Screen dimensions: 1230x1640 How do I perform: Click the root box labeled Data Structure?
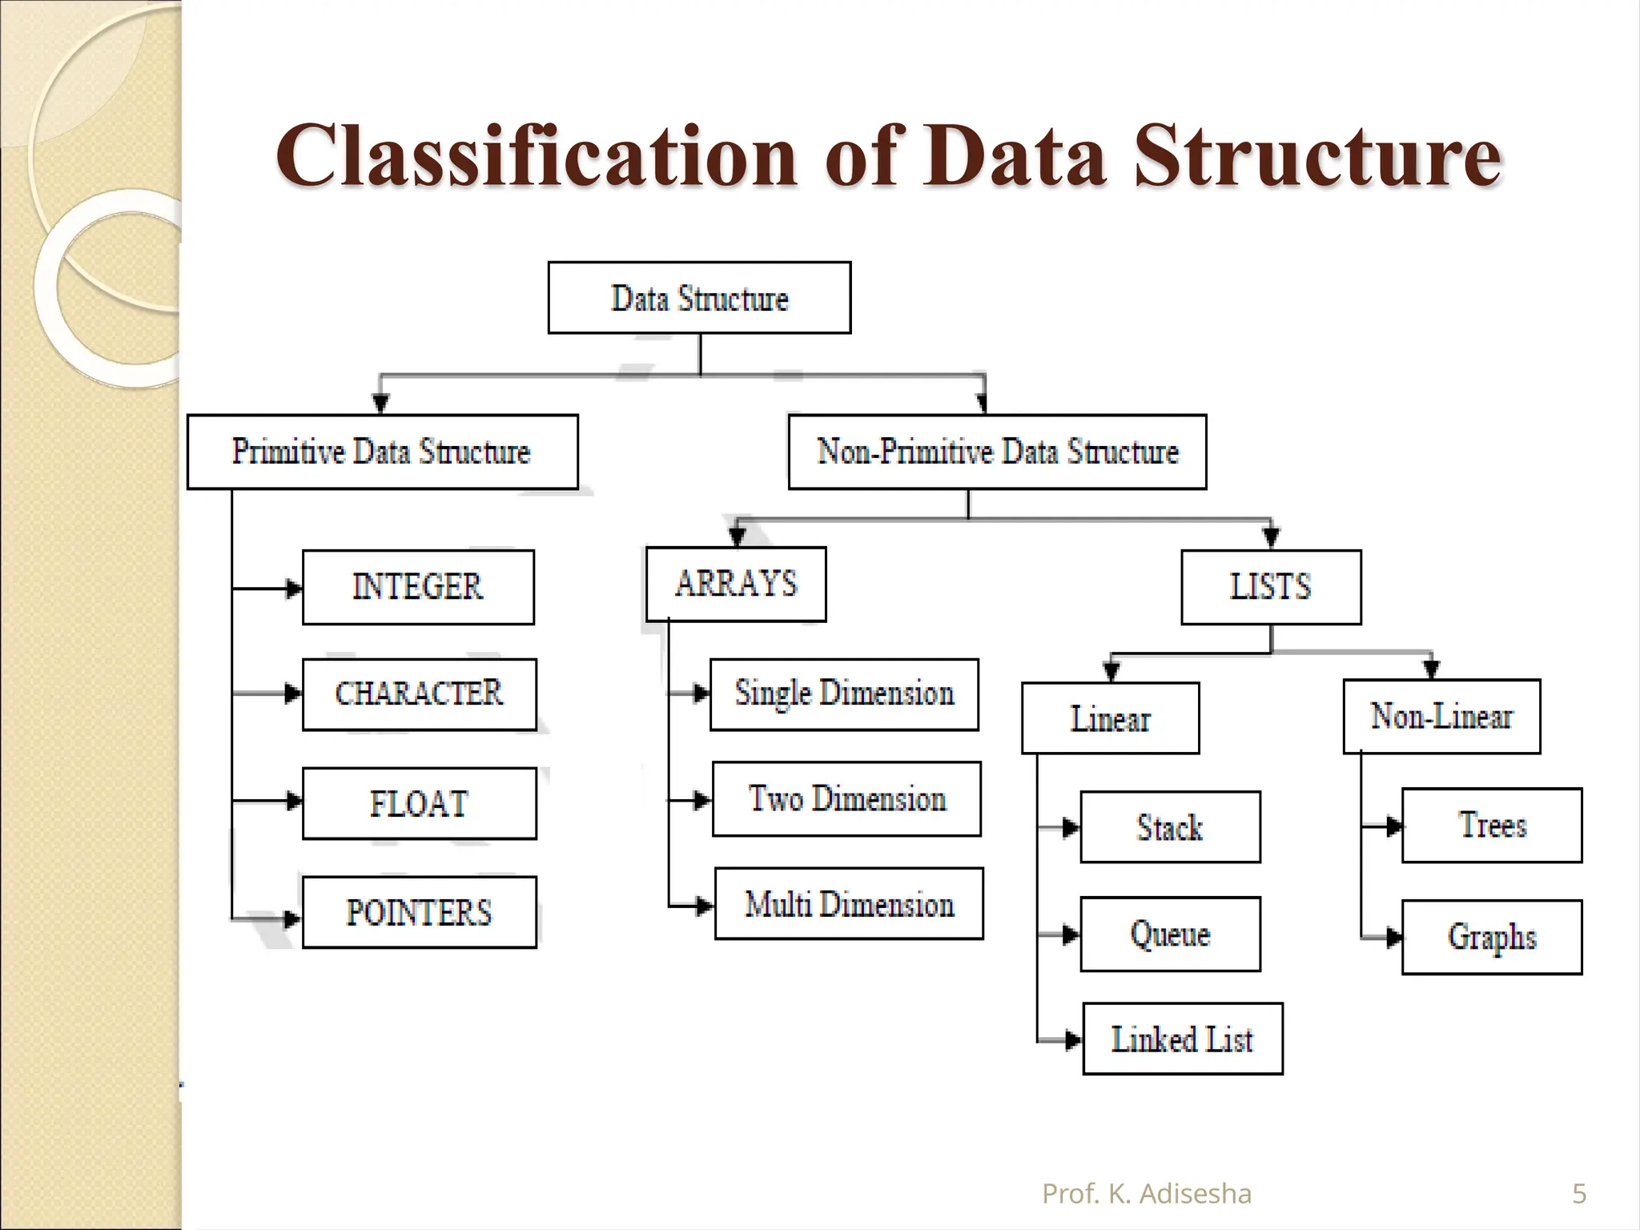pyautogui.click(x=699, y=298)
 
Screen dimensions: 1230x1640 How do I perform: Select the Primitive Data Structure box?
pyautogui.click(x=382, y=452)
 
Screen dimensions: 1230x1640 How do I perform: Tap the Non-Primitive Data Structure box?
pyautogui.click(x=997, y=452)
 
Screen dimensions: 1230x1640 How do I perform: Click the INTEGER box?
pyautogui.click(x=418, y=587)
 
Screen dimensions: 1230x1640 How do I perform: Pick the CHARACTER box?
pyautogui.click(x=419, y=694)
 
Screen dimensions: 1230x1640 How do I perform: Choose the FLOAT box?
pyautogui.click(x=419, y=803)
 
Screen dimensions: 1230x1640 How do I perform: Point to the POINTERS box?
pyautogui.click(x=419, y=912)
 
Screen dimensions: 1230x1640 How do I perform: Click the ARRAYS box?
pyautogui.click(x=736, y=584)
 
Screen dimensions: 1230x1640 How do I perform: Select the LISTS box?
pyautogui.click(x=1271, y=587)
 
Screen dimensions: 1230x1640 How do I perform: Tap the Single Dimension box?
pyautogui.click(x=844, y=694)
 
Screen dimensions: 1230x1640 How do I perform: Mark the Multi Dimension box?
pyautogui.click(x=849, y=903)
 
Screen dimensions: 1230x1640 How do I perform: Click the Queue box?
pyautogui.click(x=1170, y=934)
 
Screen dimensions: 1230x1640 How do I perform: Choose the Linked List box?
pyautogui.click(x=1183, y=1039)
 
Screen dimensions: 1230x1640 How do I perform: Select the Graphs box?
pyautogui.click(x=1492, y=937)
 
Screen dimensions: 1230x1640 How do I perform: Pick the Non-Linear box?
pyautogui.click(x=1441, y=717)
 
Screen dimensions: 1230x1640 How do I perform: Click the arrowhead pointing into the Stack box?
pyautogui.click(x=1071, y=828)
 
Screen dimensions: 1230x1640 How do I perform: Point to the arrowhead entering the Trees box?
pyautogui.click(x=1394, y=826)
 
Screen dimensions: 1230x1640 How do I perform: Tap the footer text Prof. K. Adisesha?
pyautogui.click(x=1146, y=1194)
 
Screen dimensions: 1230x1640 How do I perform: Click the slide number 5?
pyautogui.click(x=1579, y=1194)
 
